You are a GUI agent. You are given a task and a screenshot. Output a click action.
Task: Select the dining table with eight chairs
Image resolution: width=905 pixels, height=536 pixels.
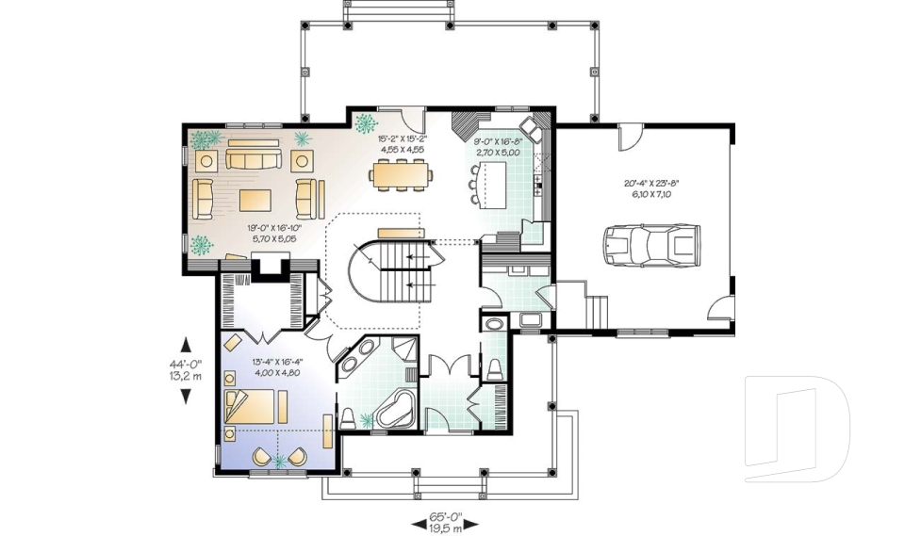[x=396, y=174]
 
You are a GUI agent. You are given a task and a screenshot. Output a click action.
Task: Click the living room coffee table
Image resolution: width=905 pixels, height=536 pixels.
[x=255, y=200]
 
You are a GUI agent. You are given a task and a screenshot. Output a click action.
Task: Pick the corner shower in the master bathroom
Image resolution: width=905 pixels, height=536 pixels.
[x=407, y=351]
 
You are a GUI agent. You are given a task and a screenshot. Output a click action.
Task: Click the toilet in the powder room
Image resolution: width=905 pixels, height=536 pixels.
[x=496, y=365]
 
